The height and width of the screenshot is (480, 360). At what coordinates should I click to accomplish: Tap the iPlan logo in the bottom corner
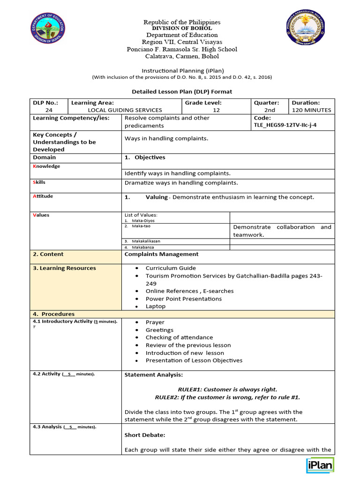320,465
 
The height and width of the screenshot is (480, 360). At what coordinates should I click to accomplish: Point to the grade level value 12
216,110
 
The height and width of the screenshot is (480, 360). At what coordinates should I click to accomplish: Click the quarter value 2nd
270,110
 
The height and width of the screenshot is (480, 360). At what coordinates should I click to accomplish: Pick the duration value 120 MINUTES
311,110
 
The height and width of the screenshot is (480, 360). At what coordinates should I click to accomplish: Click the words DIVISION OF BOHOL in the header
182,28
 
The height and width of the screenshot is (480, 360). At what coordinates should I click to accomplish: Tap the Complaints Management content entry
161,254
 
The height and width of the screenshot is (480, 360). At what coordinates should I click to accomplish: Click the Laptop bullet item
155,306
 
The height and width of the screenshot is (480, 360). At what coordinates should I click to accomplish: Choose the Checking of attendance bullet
179,337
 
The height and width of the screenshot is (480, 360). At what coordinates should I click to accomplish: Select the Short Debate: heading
144,435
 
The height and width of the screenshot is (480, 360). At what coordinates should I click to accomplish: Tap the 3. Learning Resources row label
64,268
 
